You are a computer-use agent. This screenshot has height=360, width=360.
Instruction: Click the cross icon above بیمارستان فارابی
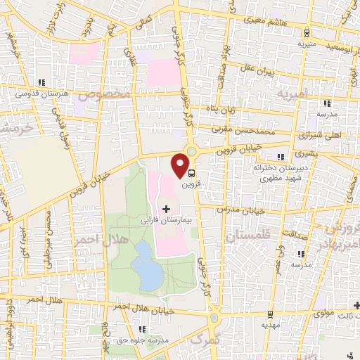pyautogui.click(x=166, y=209)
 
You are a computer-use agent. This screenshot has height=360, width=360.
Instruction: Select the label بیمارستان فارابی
pyautogui.click(x=167, y=220)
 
